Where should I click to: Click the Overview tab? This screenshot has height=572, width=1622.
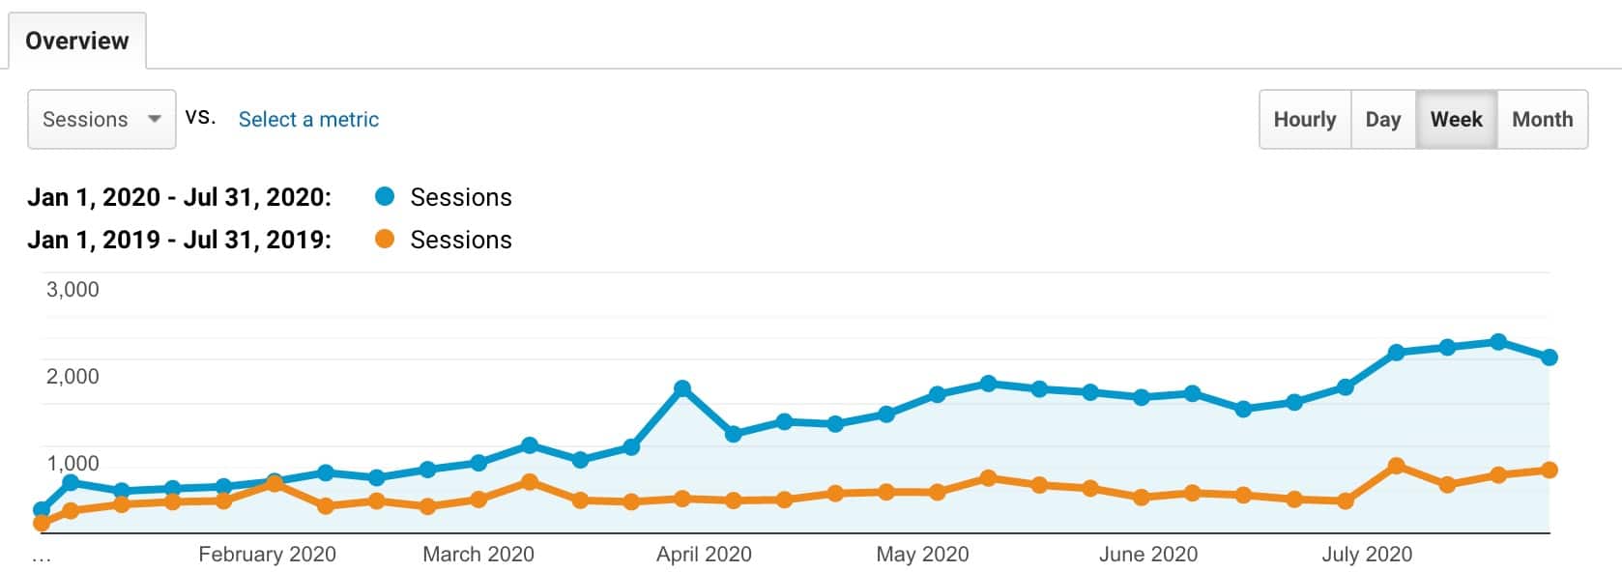tap(76, 41)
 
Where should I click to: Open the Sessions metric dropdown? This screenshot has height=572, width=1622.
tap(101, 119)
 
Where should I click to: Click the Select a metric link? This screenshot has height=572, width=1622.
tap(308, 119)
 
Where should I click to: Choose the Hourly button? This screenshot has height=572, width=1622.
tap(1304, 119)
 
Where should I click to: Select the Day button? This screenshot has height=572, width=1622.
tap(1382, 119)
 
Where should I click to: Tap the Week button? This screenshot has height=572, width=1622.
tap(1456, 119)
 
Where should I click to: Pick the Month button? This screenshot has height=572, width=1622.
tap(1542, 119)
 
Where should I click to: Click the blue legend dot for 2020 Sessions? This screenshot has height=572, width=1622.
tap(385, 197)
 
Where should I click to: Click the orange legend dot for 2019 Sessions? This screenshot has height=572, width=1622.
tap(385, 239)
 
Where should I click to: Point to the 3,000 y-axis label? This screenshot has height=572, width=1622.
tap(72, 289)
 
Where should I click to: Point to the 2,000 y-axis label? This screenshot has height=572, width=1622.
tap(72, 376)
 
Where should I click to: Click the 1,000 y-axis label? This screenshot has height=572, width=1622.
tap(72, 463)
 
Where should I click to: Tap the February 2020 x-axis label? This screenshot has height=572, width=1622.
tap(267, 554)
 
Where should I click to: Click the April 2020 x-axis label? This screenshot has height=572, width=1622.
tap(704, 554)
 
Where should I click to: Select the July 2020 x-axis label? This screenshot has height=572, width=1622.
tap(1366, 554)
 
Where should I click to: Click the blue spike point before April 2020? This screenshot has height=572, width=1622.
tap(682, 388)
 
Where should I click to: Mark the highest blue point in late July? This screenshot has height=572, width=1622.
tap(1498, 342)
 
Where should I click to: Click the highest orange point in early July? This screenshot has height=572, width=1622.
tap(1396, 466)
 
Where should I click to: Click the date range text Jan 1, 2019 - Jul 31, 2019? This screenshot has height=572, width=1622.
tap(179, 240)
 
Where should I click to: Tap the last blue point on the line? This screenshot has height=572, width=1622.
tap(1550, 357)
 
